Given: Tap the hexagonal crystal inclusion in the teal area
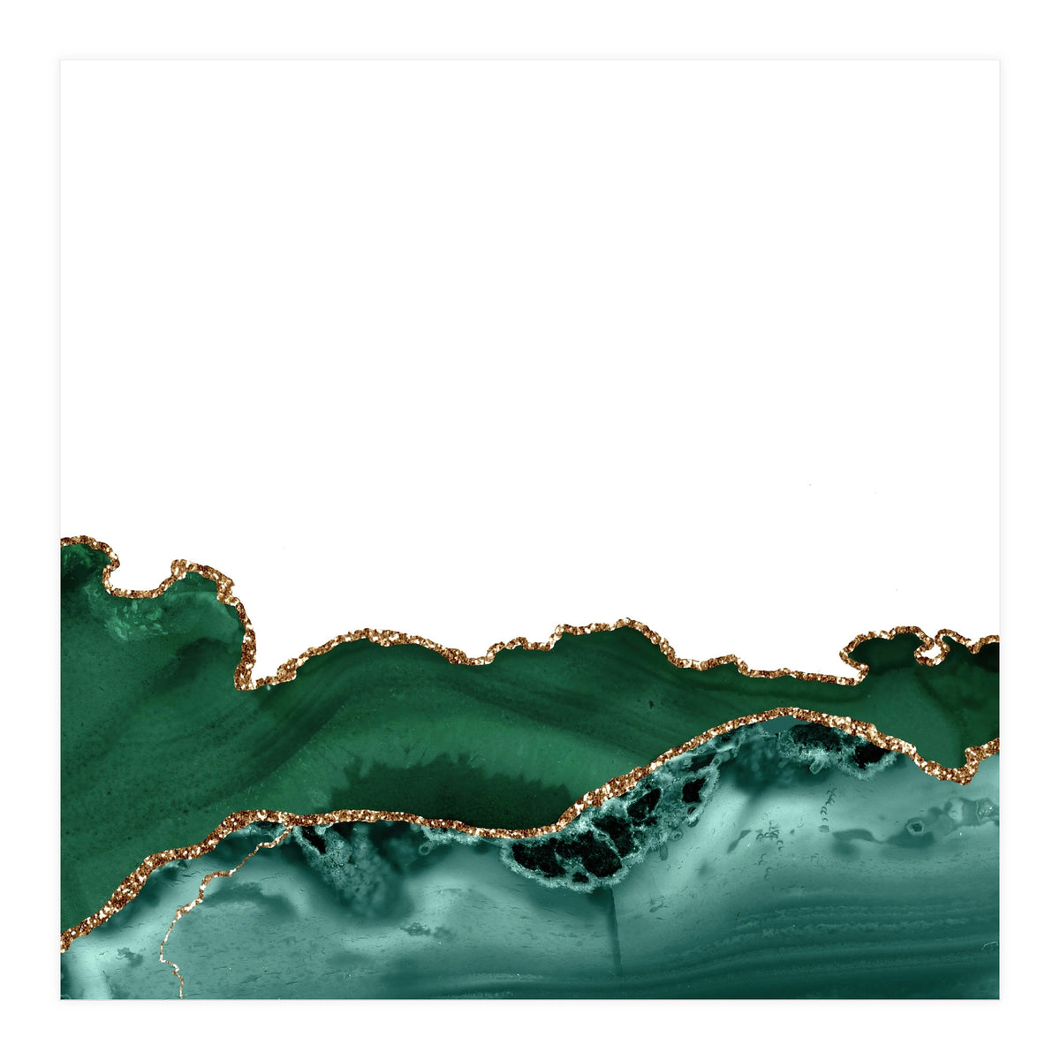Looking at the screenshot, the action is click(x=917, y=828).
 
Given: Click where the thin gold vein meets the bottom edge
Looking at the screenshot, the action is click(x=180, y=996).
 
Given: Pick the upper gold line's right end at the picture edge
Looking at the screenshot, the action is click(x=996, y=639).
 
